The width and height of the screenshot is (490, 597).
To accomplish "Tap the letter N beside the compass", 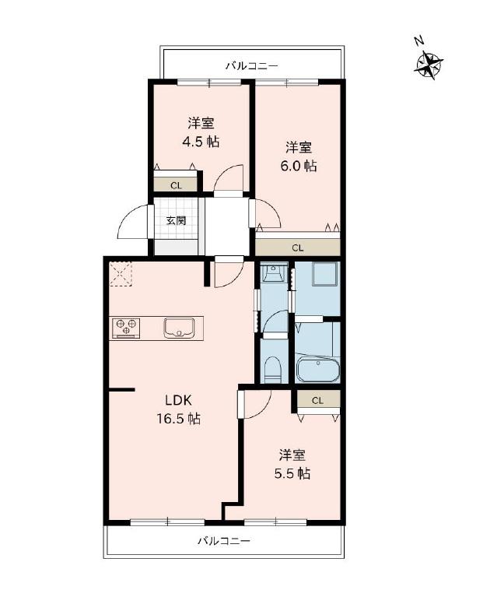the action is point(419,40).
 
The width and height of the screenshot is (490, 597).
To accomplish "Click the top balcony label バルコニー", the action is point(252,66).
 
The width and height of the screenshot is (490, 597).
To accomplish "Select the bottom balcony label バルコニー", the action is point(224,540).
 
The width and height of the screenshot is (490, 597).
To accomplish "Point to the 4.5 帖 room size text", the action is point(201,142).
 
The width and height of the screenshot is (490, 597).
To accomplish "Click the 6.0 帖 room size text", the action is point(299,166).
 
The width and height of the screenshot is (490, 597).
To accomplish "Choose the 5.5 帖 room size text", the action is point(292,473).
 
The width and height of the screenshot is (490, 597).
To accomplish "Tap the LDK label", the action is point(178,400).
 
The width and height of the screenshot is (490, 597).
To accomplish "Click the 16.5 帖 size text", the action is point(178,419).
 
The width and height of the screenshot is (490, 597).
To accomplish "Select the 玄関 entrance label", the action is point(176,220).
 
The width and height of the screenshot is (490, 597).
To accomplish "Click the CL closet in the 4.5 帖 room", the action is point(176,184).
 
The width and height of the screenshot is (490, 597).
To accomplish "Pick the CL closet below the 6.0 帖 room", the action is point(297,248).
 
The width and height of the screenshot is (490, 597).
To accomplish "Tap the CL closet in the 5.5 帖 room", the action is point(318,400).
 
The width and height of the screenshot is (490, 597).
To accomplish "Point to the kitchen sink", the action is point(179,328).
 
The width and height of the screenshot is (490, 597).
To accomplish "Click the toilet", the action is point(272,369).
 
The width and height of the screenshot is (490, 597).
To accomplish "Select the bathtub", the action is point(317,370).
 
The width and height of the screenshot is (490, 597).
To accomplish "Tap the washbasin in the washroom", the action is point(274,272).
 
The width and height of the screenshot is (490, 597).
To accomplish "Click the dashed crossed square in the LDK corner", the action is point(121,273).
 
